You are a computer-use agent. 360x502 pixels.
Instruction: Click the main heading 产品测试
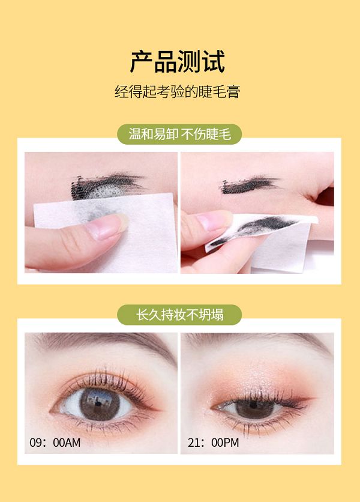point(177,61)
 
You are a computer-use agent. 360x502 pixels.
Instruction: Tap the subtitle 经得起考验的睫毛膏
point(177,91)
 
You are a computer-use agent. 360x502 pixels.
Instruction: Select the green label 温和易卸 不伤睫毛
point(179,134)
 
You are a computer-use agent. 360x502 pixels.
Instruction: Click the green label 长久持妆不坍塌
point(179,315)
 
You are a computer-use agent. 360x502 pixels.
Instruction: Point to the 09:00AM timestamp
point(55,443)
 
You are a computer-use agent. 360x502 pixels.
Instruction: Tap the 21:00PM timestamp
point(213,443)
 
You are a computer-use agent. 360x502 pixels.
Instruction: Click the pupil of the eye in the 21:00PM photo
point(253,405)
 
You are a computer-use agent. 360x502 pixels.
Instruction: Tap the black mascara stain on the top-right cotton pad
point(256,228)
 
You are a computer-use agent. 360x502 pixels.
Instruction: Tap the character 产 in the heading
point(142,61)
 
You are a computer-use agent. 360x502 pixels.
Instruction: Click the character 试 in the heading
point(214,61)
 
